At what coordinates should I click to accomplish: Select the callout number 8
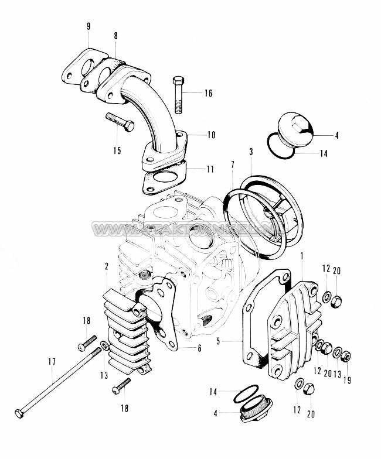pyautogui.click(x=116, y=36)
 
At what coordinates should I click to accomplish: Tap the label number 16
pyautogui.click(x=209, y=93)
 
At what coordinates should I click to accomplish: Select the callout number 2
pyautogui.click(x=107, y=266)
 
